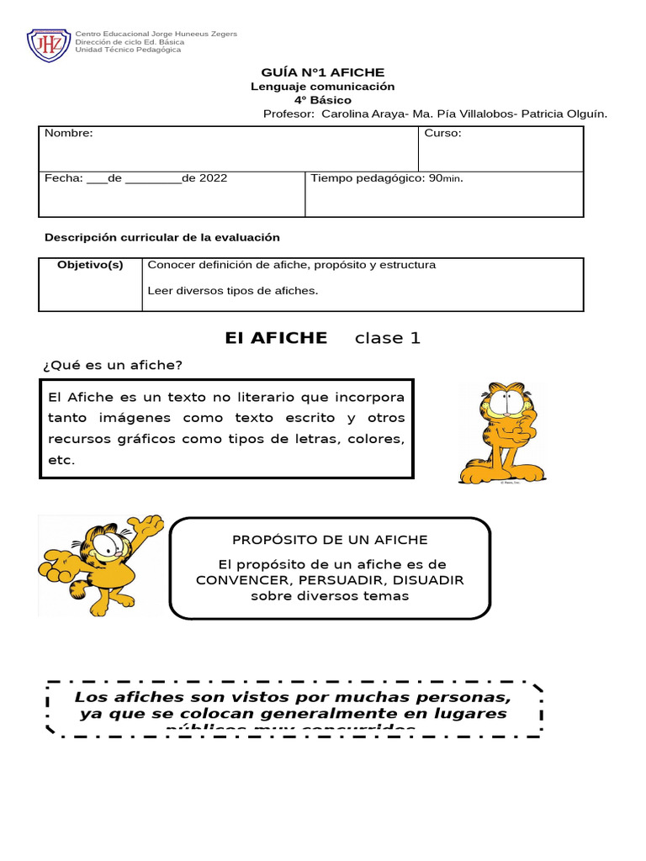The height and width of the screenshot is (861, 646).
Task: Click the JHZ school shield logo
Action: coord(49,45)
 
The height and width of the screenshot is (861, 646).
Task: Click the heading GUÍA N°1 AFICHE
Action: coord(322,73)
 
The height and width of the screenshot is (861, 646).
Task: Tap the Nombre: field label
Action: coord(68,134)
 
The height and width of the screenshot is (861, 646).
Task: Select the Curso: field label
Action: coord(442,134)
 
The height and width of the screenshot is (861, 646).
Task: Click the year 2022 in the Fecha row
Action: coord(213,178)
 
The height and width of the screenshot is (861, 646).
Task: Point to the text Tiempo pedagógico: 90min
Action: coord(387,178)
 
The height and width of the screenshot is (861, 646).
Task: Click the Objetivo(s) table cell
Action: coord(90,266)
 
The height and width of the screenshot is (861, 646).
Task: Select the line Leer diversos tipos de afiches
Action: coord(233,291)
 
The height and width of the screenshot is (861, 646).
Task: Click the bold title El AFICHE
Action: coord(276,338)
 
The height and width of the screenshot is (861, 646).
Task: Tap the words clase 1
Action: coord(388,338)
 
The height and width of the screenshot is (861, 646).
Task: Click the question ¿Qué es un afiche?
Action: coord(112,365)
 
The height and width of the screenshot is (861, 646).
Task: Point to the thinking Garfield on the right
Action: coord(501,433)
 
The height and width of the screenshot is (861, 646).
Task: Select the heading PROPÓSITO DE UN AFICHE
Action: coord(330,540)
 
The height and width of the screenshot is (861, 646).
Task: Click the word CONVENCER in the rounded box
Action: coord(239,580)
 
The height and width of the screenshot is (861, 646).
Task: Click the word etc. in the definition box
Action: coord(61,460)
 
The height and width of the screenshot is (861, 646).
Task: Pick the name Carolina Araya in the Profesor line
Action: coord(360,114)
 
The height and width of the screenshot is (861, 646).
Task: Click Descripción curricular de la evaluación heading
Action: coord(161,238)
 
